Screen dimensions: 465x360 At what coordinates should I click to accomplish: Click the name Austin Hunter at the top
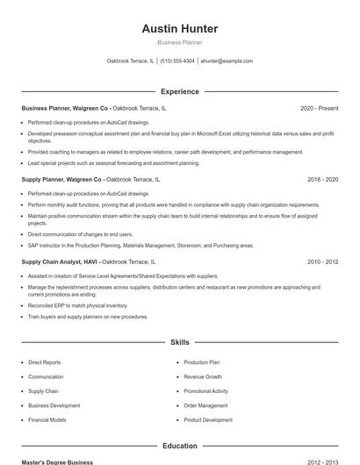[180, 29]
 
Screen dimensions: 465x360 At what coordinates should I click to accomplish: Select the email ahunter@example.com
[227, 61]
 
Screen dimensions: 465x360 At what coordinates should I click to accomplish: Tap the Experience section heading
[180, 91]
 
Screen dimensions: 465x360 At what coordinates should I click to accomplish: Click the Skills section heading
[180, 342]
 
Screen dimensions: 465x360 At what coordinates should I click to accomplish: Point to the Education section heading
[180, 446]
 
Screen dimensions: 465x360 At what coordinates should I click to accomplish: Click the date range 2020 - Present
[319, 108]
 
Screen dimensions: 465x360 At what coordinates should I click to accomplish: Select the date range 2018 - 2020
[322, 179]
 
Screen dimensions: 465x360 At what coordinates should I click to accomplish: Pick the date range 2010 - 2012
[322, 261]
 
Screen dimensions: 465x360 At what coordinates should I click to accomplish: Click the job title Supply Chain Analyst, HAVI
[59, 261]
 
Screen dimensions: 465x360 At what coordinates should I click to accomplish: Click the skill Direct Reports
[45, 362]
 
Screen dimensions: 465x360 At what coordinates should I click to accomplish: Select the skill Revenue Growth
[203, 376]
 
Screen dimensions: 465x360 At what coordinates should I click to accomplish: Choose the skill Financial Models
[47, 420]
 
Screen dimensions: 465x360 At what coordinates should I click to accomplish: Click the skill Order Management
[206, 405]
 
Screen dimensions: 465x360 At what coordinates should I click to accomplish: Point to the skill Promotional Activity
[206, 391]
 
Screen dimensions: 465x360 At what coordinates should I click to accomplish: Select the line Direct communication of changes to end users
[81, 234]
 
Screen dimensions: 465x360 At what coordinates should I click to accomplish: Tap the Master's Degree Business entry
[57, 461]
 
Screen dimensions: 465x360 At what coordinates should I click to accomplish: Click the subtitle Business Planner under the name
[180, 42]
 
